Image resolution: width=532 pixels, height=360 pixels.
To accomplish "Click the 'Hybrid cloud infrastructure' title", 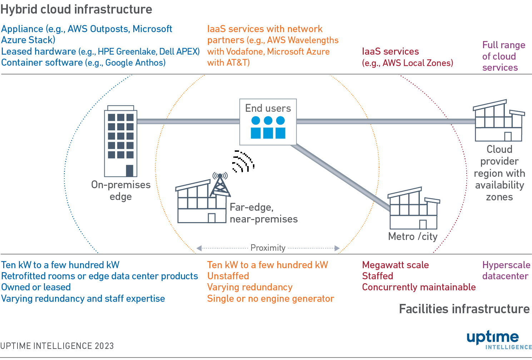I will (x=76, y=9).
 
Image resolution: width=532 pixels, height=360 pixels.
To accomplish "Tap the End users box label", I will (x=268, y=108).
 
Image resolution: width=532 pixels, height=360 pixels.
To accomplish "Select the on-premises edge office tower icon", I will (x=120, y=141).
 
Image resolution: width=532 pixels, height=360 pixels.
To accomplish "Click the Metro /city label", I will (x=413, y=236).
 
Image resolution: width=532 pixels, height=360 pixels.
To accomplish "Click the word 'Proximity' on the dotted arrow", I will (x=268, y=248).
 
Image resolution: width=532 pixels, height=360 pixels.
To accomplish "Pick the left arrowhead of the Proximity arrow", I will (x=199, y=248).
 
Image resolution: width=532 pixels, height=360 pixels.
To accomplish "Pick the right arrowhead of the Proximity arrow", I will (x=337, y=248).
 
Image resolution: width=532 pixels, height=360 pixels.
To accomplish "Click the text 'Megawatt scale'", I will (x=395, y=265).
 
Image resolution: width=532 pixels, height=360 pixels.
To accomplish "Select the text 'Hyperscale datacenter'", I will (x=506, y=270).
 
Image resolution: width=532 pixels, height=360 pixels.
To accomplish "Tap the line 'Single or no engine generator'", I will (x=270, y=299).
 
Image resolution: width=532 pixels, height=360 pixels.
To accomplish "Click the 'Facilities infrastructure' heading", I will (x=464, y=309).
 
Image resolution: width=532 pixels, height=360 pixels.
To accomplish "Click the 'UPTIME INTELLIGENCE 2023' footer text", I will (x=57, y=346).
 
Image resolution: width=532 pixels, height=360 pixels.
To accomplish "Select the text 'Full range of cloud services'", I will (x=503, y=56).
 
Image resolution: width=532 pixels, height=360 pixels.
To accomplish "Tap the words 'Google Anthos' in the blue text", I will (x=134, y=63).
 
